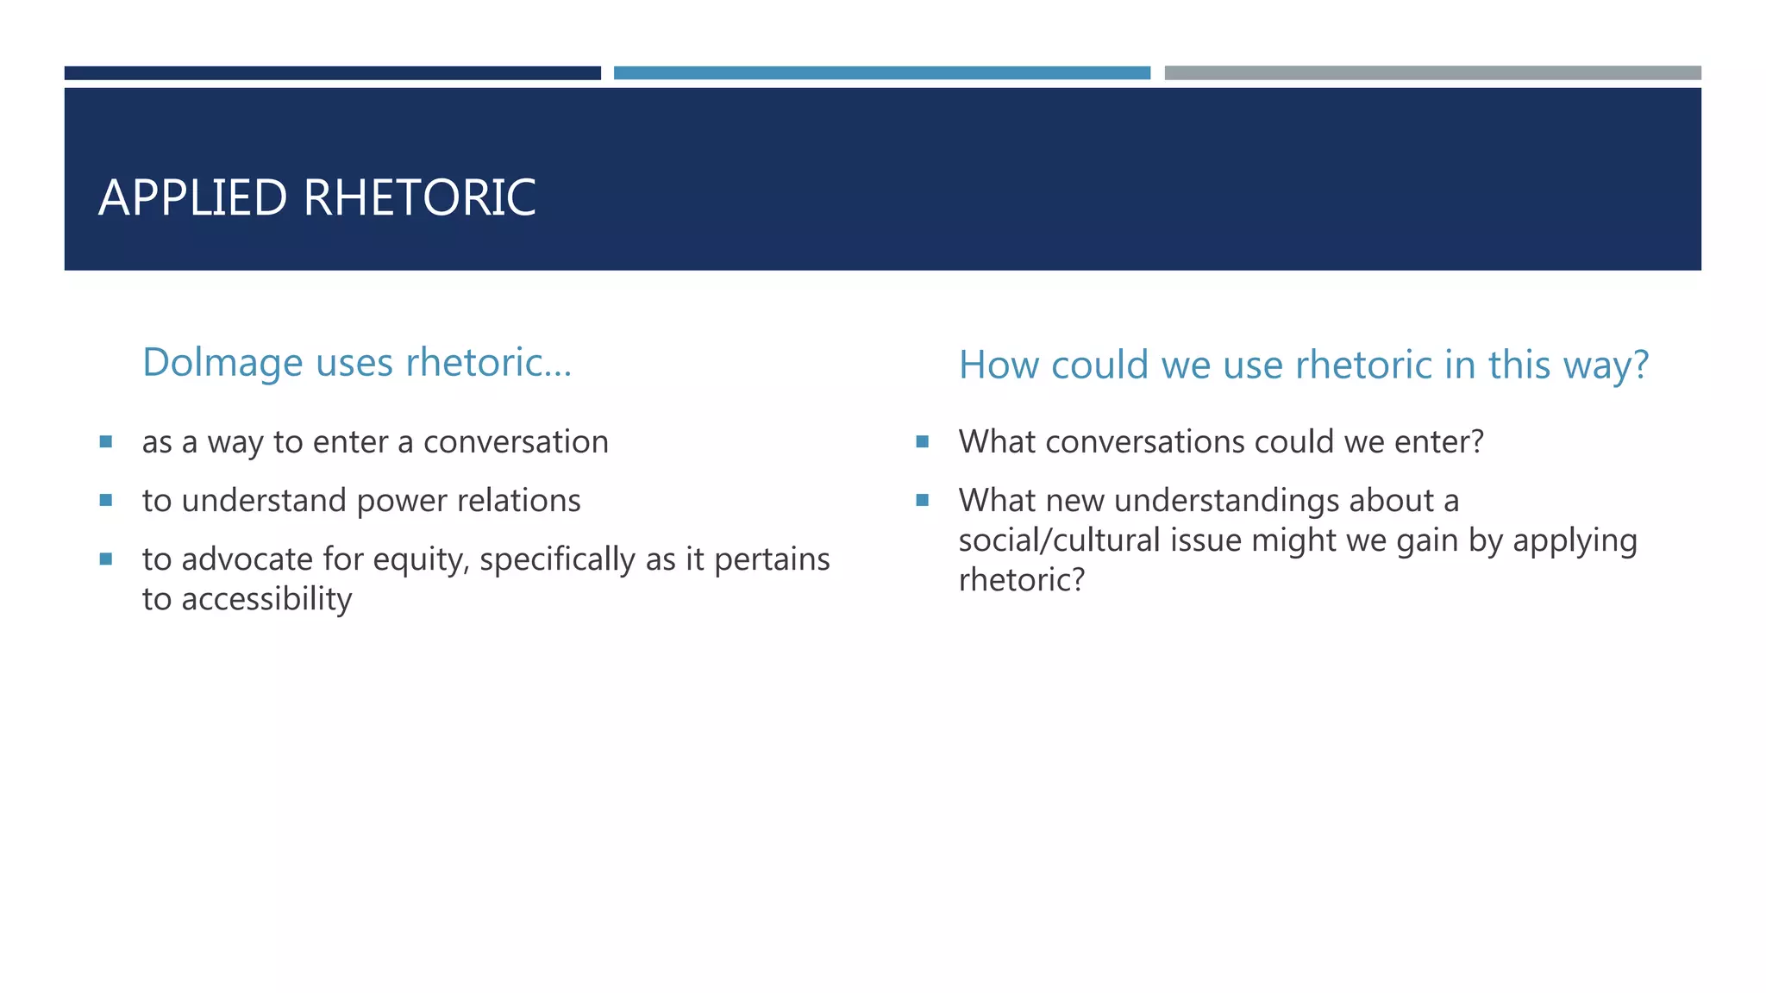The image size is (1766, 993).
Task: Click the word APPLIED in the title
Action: (192, 197)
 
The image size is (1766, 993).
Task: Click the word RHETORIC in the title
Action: (419, 197)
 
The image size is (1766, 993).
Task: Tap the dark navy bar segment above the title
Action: (333, 73)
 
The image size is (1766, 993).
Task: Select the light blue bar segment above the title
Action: (882, 73)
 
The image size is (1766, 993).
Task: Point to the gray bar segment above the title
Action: (1433, 73)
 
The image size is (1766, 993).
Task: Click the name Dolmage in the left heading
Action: (222, 363)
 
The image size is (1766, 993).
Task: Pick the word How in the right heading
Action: (999, 365)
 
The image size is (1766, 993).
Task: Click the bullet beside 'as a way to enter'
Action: (106, 442)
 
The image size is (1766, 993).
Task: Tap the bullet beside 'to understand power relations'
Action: (106, 500)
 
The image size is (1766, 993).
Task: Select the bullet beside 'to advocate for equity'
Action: (106, 559)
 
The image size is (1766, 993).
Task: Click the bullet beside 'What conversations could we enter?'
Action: (923, 442)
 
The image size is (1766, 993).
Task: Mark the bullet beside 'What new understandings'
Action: (923, 500)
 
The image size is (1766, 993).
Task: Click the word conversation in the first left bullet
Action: (516, 442)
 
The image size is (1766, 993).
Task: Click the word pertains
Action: (772, 560)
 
